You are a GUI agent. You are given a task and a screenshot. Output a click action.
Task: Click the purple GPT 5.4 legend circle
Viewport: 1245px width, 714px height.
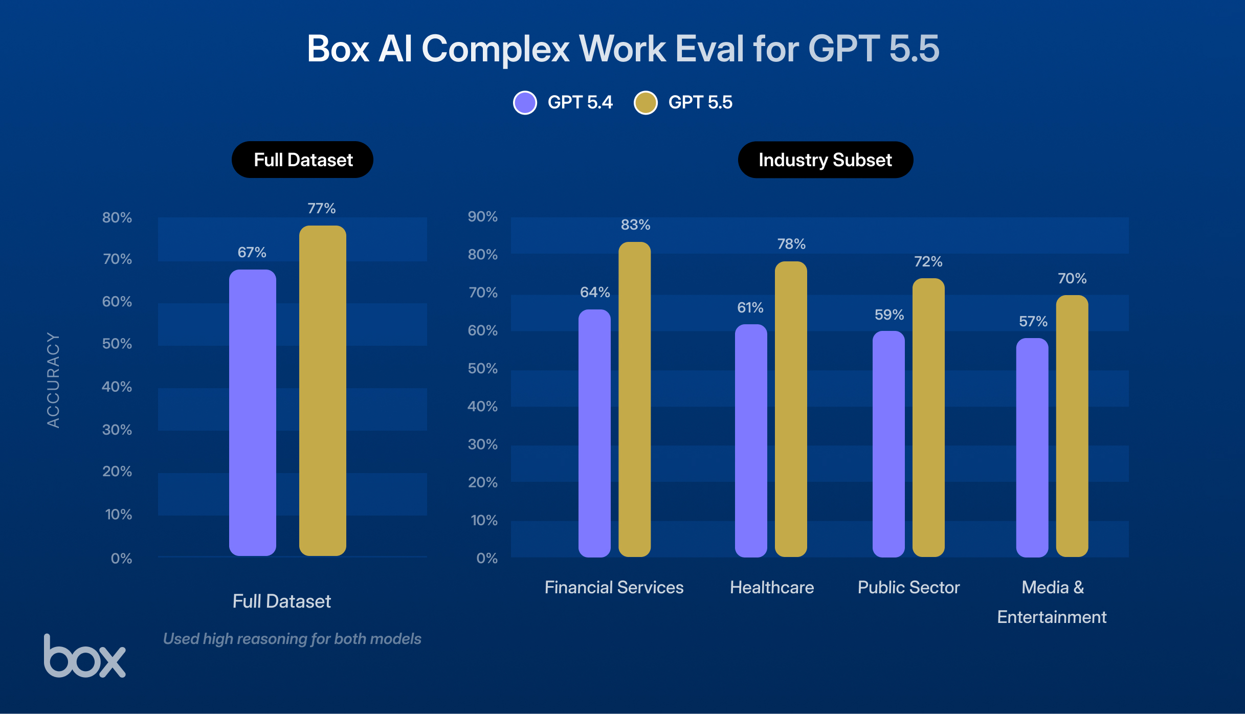click(525, 103)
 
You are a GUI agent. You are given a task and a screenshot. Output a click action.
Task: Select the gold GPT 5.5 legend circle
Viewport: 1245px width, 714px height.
click(646, 103)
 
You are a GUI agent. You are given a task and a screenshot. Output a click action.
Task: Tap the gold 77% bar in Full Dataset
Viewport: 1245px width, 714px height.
click(322, 391)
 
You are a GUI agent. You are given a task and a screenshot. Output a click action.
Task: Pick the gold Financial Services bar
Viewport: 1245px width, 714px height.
click(634, 399)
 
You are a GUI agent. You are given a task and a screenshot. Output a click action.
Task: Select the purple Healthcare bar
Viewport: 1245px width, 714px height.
click(750, 440)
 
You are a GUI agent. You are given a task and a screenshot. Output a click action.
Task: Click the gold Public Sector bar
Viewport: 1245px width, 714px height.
click(928, 417)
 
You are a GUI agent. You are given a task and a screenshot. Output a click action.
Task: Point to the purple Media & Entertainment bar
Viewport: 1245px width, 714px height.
click(1032, 448)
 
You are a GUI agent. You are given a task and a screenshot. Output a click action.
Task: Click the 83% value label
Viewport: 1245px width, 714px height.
click(635, 225)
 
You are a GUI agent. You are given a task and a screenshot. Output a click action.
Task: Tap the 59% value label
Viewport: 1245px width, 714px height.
click(889, 315)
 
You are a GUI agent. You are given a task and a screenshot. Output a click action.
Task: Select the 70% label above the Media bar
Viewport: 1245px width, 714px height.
click(1072, 279)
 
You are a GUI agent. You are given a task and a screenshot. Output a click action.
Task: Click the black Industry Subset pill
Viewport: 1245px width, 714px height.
click(825, 160)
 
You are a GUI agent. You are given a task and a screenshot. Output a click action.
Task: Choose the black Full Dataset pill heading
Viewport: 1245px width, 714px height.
click(302, 160)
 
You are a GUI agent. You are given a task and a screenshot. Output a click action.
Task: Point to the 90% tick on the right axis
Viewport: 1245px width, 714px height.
click(482, 217)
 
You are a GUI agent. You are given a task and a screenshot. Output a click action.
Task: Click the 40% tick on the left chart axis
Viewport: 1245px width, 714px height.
click(117, 387)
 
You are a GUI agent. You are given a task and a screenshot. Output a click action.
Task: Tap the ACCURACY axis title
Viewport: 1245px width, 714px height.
click(53, 380)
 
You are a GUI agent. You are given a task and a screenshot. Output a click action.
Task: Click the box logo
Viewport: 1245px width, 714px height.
click(84, 657)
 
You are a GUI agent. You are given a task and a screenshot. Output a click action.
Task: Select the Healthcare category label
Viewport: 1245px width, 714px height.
click(771, 588)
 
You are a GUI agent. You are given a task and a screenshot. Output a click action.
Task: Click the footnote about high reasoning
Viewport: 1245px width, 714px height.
click(292, 639)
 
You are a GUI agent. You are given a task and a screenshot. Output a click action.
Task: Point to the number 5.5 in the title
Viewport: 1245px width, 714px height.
click(914, 49)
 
